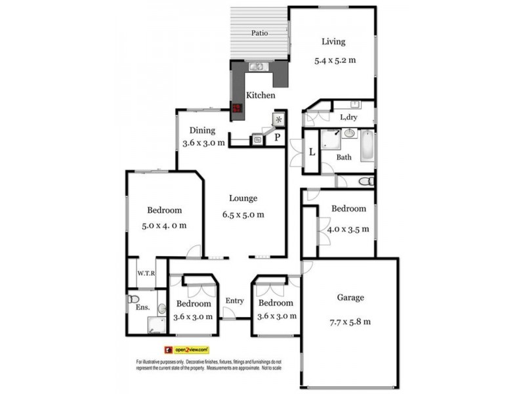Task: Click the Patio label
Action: point(261,33)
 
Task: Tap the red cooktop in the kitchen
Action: point(237,108)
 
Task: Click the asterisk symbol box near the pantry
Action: point(280,120)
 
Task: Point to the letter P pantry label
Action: point(278,138)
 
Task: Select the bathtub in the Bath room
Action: point(367,146)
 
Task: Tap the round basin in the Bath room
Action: point(349,133)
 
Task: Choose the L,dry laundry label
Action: point(348,118)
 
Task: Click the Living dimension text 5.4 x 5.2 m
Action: point(335,60)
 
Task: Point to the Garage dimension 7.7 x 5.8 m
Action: point(350,321)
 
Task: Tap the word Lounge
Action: point(243,198)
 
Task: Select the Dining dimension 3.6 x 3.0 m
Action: point(203,143)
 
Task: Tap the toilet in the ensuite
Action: point(134,299)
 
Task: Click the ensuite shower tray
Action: point(157,324)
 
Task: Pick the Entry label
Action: point(234,301)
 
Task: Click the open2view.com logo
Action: point(187,350)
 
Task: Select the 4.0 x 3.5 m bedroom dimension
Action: point(348,230)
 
